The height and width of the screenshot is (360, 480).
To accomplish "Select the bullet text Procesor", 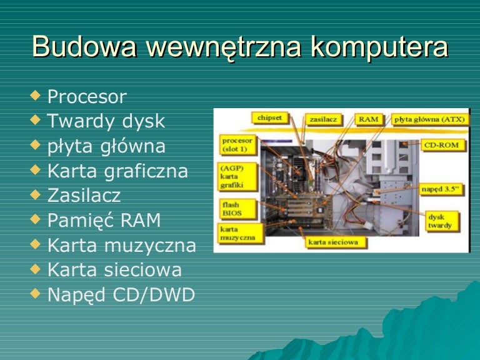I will pyautogui.click(x=87, y=97).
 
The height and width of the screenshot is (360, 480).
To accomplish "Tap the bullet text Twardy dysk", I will pyautogui.click(x=106, y=121).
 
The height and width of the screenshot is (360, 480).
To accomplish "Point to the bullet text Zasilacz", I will pyautogui.click(x=84, y=196).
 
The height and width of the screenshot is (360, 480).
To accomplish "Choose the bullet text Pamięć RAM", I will pyautogui.click(x=104, y=220).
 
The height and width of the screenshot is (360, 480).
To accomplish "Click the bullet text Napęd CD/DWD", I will pyautogui.click(x=121, y=294).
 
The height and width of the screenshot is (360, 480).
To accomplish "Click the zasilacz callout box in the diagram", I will pyautogui.click(x=322, y=119).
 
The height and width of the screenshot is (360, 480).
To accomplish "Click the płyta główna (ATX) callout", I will pyautogui.click(x=430, y=119).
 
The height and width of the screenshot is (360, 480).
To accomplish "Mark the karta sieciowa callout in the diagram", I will pyautogui.click(x=334, y=241).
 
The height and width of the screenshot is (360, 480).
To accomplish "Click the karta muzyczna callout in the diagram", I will pyautogui.click(x=236, y=234).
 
